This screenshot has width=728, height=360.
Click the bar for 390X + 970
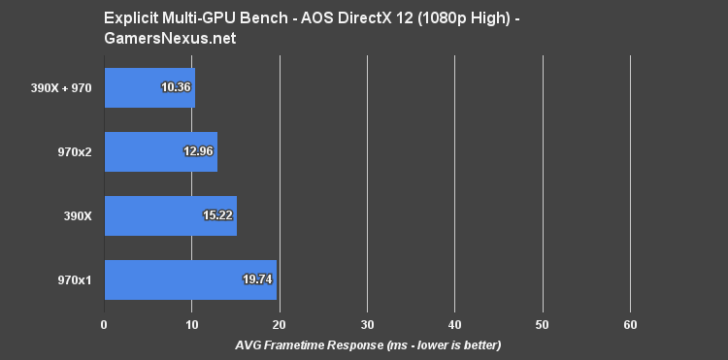point(149,87)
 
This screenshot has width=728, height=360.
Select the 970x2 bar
point(160,151)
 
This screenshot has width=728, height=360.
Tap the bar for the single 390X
point(170,215)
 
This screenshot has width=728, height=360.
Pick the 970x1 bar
point(190,279)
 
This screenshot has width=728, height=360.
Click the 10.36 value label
point(176,87)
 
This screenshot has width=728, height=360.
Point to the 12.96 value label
point(198,151)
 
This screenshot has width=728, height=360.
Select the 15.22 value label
point(217,215)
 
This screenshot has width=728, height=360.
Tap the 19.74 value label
point(257,279)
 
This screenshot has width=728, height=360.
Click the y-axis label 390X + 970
point(60,87)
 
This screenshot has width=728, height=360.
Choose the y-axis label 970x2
point(75,151)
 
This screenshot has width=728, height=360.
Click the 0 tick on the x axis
point(104,323)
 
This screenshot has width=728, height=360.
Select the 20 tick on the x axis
point(280,323)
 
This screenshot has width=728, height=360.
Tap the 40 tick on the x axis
point(455,323)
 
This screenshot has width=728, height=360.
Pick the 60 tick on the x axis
point(631,323)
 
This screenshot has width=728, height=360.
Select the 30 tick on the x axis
point(367,323)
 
